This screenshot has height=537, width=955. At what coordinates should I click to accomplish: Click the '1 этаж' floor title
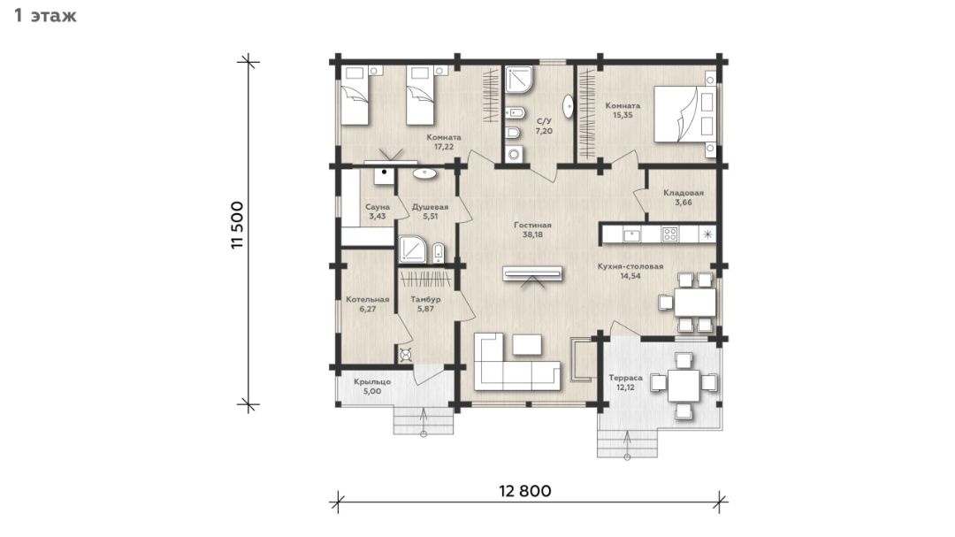pos(45,15)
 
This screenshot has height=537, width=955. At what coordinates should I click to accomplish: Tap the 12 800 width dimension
pos(525,491)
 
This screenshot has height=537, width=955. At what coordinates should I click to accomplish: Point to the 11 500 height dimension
pos(237,225)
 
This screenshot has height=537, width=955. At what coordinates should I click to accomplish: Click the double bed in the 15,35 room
pos(684,115)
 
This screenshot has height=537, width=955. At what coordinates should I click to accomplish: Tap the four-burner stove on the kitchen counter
pos(669,234)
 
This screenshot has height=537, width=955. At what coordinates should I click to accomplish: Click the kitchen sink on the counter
pos(631,234)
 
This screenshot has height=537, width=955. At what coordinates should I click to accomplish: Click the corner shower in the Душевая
pos(412,249)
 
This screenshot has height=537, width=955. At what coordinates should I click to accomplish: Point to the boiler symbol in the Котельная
pos(406,355)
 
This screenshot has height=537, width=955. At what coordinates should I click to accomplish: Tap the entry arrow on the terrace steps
pos(627,444)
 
